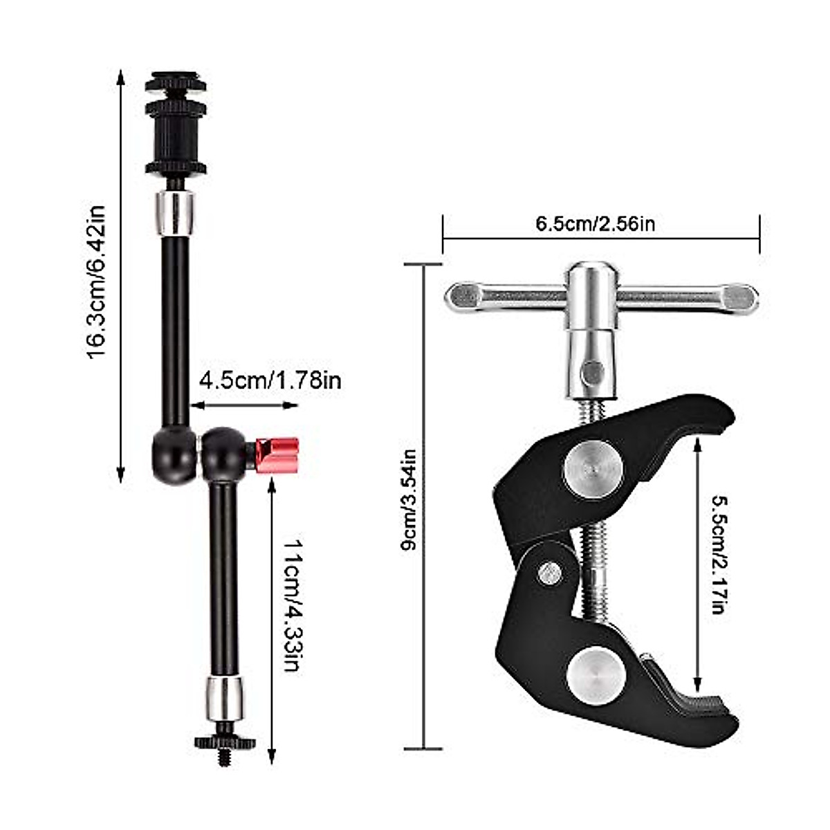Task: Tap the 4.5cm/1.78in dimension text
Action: pyautogui.click(x=270, y=380)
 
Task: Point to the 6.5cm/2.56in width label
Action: pyautogui.click(x=595, y=223)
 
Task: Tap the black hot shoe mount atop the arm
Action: pyautogui.click(x=175, y=126)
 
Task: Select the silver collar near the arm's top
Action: pyautogui.click(x=175, y=213)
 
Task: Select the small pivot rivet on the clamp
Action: pyautogui.click(x=550, y=571)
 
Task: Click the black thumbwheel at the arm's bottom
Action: pyautogui.click(x=224, y=741)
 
